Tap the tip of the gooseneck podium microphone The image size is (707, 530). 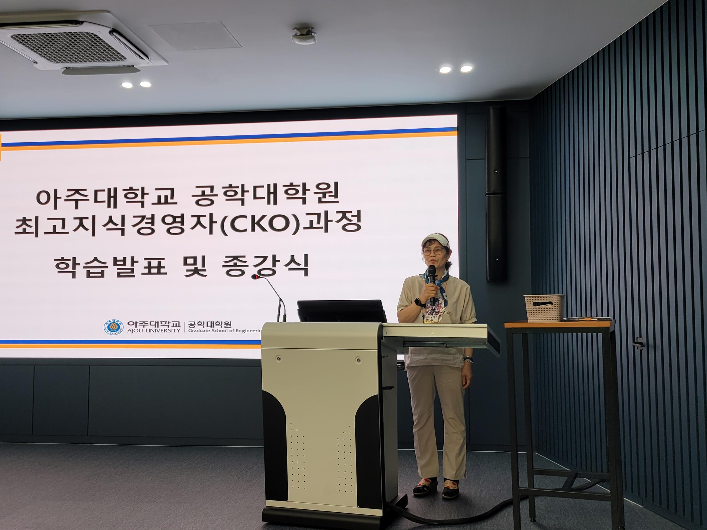coord(255,277)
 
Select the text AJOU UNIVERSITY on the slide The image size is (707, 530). coord(154,331)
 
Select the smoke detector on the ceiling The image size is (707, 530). coord(304,35)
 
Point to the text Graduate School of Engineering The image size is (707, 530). coord(225,331)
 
